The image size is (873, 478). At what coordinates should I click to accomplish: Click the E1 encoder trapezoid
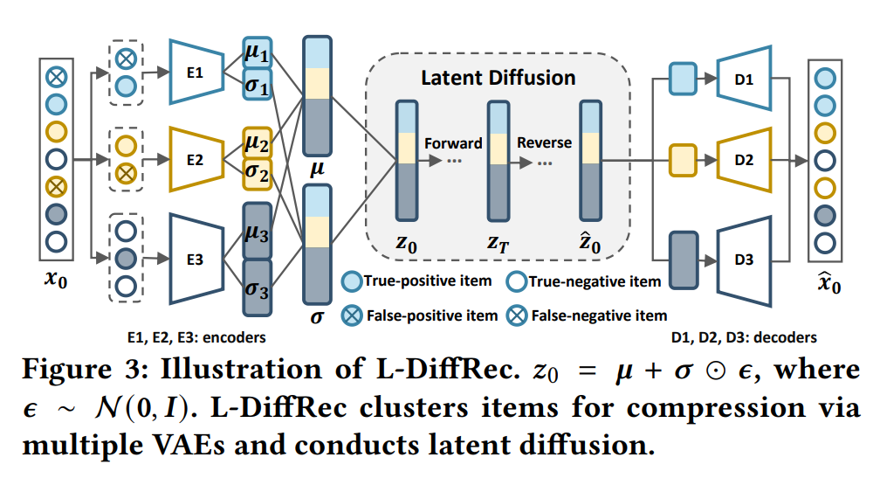click(196, 73)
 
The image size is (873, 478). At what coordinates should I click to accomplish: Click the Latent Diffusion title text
click(498, 78)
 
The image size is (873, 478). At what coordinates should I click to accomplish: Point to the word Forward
click(453, 143)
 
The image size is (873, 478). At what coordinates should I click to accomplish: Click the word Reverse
click(544, 142)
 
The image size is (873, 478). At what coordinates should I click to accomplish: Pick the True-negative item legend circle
click(515, 281)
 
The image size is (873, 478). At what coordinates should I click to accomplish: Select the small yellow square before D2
click(680, 160)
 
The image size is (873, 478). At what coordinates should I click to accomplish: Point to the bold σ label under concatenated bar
click(316, 316)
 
